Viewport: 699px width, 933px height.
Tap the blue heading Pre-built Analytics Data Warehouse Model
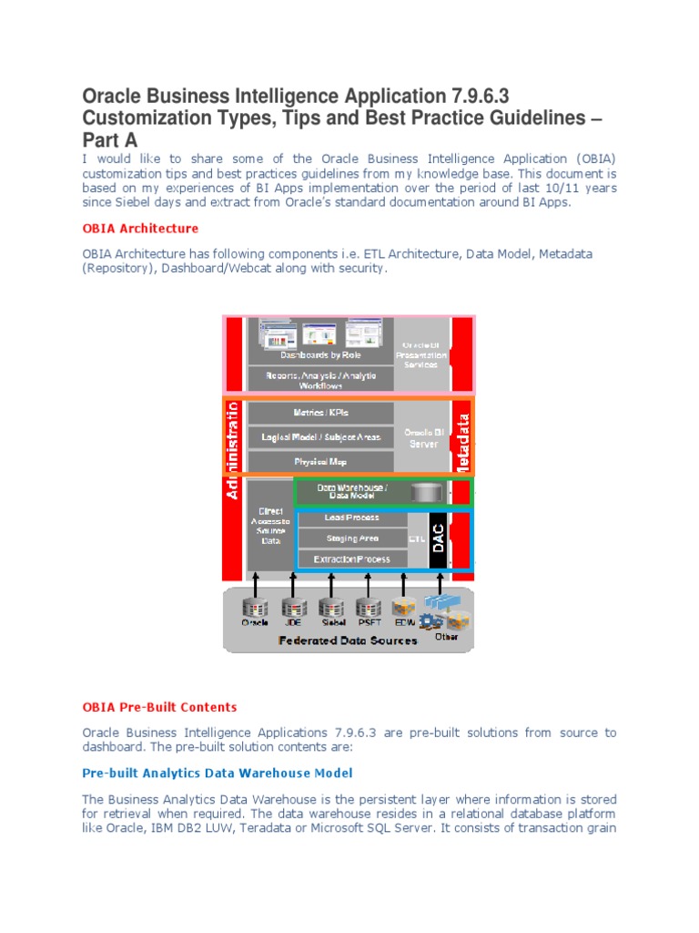pyautogui.click(x=218, y=774)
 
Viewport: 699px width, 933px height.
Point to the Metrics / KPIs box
pyautogui.click(x=321, y=412)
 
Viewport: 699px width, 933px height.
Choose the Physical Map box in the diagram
pyautogui.click(x=321, y=462)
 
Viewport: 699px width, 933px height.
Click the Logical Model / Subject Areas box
pyautogui.click(x=321, y=437)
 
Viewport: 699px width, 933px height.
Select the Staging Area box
pyautogui.click(x=352, y=538)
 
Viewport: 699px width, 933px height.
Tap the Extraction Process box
pyautogui.click(x=352, y=559)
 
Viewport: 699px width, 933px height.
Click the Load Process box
pyautogui.click(x=352, y=518)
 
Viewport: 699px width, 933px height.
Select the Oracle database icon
pyautogui.click(x=256, y=608)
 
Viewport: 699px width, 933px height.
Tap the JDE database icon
pyautogui.click(x=292, y=608)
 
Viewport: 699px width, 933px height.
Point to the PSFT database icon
pyautogui.click(x=368, y=608)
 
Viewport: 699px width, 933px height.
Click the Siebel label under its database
pyautogui.click(x=330, y=624)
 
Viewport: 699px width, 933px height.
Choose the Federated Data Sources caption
pyautogui.click(x=348, y=641)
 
